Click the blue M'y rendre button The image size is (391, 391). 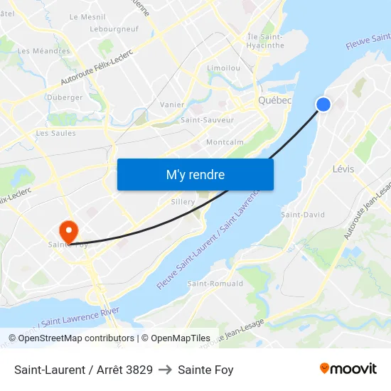pos(195,174)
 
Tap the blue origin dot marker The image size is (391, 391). pos(323,105)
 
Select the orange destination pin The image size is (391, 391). pos(69,230)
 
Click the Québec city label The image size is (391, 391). pos(275,101)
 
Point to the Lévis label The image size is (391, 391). pos(343,169)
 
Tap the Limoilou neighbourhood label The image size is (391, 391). pos(223,68)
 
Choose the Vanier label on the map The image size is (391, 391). pos(173,105)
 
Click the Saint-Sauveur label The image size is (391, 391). pos(208,120)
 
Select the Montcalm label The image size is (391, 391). pos(225,142)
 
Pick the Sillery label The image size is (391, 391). pos(183,202)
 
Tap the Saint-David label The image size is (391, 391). pos(303,215)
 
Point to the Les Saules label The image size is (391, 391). pos(55,133)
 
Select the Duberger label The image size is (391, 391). pos(65,97)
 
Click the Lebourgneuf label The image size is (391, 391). pos(114,29)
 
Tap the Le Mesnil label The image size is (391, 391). pos(87,16)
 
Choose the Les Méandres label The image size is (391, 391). pos(44,51)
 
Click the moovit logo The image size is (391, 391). pos(348,369)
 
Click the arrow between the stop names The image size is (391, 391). pos(165,370)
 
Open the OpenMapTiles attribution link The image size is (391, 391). pos(176,338)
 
